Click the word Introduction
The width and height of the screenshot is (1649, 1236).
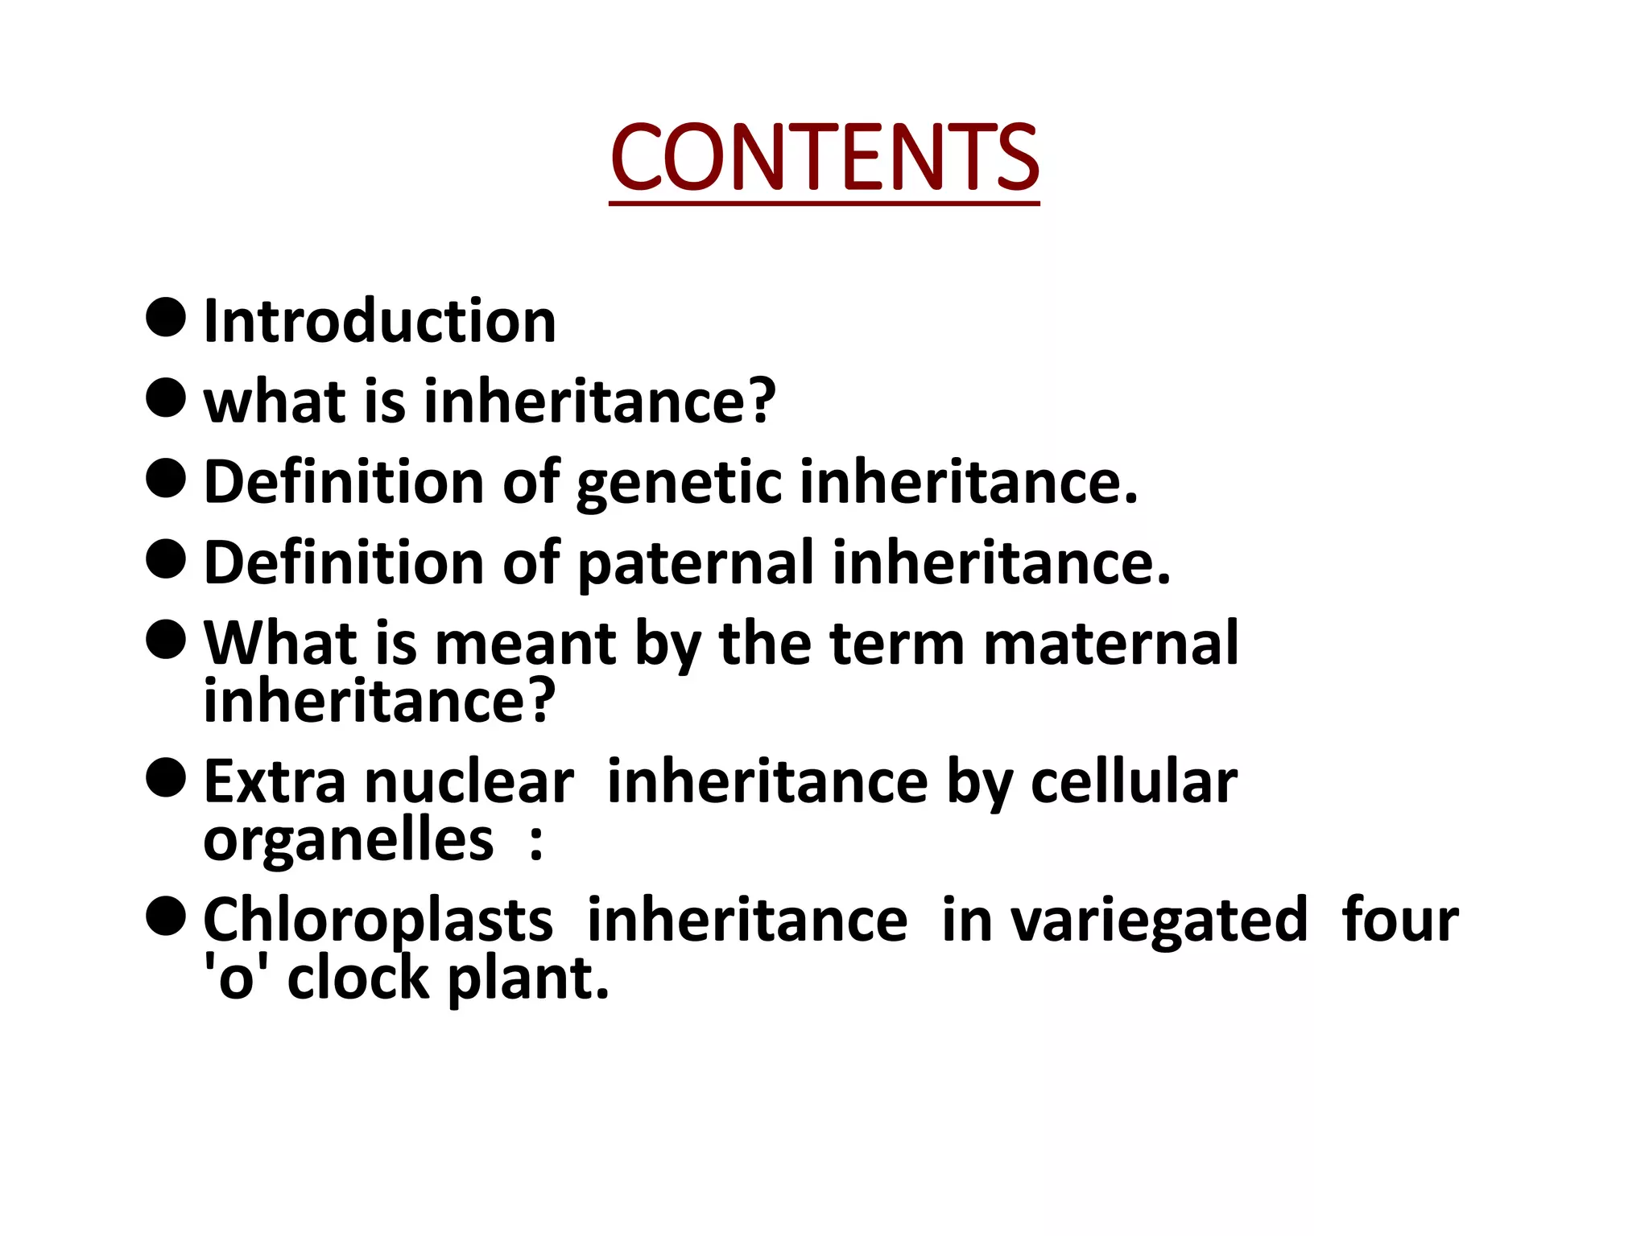point(379,321)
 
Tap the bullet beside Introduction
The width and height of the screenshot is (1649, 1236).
point(167,317)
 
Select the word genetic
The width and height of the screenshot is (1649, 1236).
point(679,483)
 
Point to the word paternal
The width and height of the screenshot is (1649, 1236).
point(696,563)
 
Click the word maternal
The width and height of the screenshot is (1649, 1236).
point(1110,644)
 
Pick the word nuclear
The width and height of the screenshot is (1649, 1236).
point(469,782)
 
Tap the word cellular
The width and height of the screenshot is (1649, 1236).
point(1134,782)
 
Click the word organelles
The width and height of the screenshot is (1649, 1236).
point(348,841)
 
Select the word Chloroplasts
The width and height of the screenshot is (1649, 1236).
point(378,921)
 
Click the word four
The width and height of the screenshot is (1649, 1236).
point(1399,921)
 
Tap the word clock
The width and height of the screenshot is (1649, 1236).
point(358,979)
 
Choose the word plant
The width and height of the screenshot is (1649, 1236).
point(527,979)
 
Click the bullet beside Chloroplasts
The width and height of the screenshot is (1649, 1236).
point(167,917)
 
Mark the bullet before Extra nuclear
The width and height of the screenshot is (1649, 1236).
point(167,778)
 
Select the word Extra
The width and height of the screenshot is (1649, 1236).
point(275,782)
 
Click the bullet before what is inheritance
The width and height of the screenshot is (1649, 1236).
point(167,398)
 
